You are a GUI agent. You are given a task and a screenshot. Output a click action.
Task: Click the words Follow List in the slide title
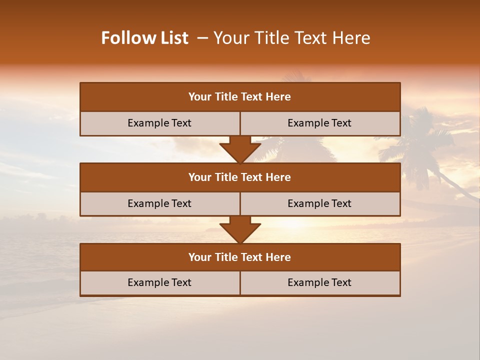pos(145,38)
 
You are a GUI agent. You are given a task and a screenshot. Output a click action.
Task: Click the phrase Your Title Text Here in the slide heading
pos(291,38)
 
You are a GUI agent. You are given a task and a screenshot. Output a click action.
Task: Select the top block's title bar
pos(240,97)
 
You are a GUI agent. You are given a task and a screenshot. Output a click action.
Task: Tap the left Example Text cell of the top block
pos(159,123)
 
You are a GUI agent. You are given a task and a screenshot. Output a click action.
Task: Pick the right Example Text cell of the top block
pos(319,123)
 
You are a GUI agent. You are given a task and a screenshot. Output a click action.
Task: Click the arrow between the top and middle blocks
pos(240,149)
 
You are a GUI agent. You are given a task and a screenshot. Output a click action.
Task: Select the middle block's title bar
pos(240,177)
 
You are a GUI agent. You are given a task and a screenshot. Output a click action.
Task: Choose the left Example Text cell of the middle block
pos(159,203)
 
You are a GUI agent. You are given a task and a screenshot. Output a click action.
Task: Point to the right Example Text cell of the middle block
pos(319,203)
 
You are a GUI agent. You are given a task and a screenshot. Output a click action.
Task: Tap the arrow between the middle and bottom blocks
pos(240,229)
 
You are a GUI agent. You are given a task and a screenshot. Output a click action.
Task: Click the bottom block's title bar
pos(240,257)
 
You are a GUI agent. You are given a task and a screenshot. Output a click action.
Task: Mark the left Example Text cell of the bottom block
pos(159,282)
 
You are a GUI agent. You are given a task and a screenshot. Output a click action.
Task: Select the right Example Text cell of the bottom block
pos(319,282)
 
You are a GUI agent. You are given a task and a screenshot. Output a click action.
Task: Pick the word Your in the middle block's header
pos(200,177)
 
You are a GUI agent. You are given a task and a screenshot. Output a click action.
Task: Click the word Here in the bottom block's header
pos(278,257)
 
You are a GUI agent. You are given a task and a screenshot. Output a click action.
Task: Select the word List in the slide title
pos(172,38)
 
